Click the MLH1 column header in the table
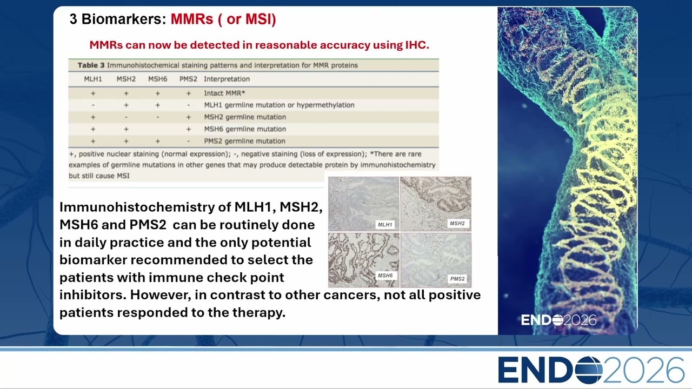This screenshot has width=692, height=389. click(92, 79)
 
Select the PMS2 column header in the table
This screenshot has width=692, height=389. click(188, 79)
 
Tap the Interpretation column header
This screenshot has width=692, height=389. click(227, 79)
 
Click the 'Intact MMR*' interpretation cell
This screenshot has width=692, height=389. click(224, 93)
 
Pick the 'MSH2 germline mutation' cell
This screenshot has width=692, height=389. click(245, 117)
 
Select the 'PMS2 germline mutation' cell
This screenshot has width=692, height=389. click(244, 141)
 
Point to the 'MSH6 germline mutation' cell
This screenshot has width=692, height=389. click(245, 129)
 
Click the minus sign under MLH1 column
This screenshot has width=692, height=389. click(93, 105)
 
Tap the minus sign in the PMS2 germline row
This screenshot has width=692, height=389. click(189, 142)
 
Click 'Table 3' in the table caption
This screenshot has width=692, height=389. click(91, 65)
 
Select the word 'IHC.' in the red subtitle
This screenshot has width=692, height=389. click(417, 45)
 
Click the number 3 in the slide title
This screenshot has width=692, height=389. click(73, 19)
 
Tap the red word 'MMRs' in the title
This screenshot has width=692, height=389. click(192, 19)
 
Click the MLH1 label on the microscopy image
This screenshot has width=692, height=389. click(385, 225)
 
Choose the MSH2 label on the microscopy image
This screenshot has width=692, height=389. click(457, 223)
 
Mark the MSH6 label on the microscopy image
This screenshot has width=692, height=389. click(385, 276)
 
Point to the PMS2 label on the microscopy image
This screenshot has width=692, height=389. click(457, 279)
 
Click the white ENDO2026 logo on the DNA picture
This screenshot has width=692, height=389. click(558, 320)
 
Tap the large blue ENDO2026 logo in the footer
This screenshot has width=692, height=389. click(591, 370)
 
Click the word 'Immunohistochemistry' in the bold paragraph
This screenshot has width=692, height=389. click(137, 207)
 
